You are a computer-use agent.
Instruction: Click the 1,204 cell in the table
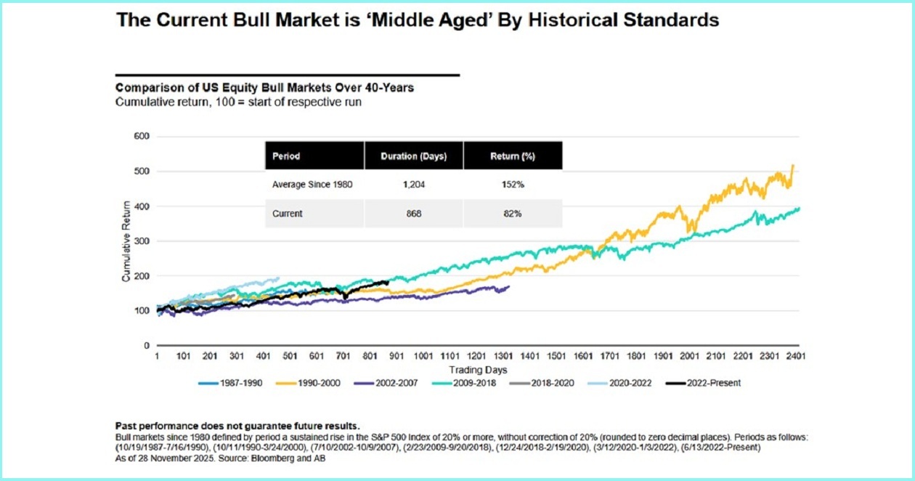(413, 185)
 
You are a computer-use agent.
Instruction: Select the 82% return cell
(513, 214)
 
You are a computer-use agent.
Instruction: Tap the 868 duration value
(413, 214)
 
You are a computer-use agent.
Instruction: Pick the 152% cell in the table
(513, 185)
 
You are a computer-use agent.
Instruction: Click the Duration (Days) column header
(413, 156)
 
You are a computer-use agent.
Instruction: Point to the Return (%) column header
(513, 156)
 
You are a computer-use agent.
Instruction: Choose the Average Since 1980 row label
(312, 185)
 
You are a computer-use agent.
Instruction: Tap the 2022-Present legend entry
(711, 382)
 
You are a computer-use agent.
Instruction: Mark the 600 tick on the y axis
(141, 137)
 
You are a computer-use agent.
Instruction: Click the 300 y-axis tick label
(141, 241)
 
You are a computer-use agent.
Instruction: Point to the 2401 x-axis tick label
(796, 356)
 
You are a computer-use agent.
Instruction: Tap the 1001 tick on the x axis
(423, 356)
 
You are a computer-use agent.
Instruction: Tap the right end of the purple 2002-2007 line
(508, 286)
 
